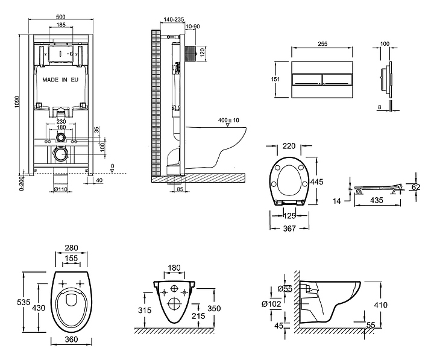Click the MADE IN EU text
point(60,79)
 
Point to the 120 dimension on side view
point(203,50)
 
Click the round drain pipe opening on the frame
point(60,154)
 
